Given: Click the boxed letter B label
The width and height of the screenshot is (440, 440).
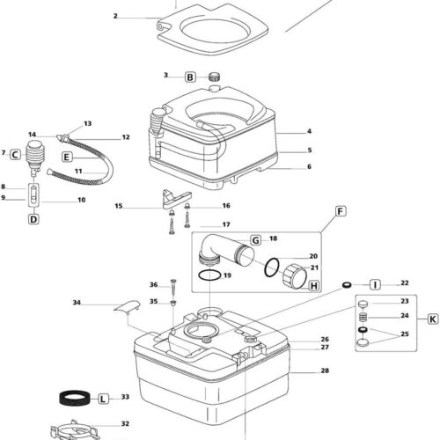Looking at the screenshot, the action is point(190,77).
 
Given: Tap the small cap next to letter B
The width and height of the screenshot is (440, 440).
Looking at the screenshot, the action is point(215,77).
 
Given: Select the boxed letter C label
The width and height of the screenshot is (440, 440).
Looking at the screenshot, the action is point(15,155).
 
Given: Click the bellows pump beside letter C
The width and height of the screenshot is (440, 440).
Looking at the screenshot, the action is point(35,158).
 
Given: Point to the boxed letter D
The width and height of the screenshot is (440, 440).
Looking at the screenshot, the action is point(33,219).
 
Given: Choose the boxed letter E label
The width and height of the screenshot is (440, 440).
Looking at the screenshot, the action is point(67,158).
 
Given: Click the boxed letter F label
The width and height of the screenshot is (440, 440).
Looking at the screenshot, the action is point(341,211).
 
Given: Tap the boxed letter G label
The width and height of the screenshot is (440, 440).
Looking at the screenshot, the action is point(256,240).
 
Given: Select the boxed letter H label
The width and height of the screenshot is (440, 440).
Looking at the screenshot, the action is point(314,286).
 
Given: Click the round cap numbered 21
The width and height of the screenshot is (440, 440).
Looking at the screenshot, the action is point(295,275).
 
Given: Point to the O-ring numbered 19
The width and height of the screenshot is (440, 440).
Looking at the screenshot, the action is point(209,275).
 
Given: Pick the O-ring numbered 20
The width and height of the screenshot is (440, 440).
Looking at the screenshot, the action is point(272,268).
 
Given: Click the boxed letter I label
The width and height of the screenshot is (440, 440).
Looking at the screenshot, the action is point(375,285).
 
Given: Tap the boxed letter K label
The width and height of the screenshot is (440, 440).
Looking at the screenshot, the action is point(433,319).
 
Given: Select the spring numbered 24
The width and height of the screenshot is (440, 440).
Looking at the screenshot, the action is point(363,318).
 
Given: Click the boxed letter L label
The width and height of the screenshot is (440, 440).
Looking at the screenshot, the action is point(103,399).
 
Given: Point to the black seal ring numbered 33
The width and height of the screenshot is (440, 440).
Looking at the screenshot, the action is point(75,398).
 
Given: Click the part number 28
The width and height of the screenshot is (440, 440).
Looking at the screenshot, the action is point(325,370).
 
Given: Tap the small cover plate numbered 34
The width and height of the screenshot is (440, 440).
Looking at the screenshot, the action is point(128,307).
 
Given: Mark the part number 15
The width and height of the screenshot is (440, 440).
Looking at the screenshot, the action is point(119,206).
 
